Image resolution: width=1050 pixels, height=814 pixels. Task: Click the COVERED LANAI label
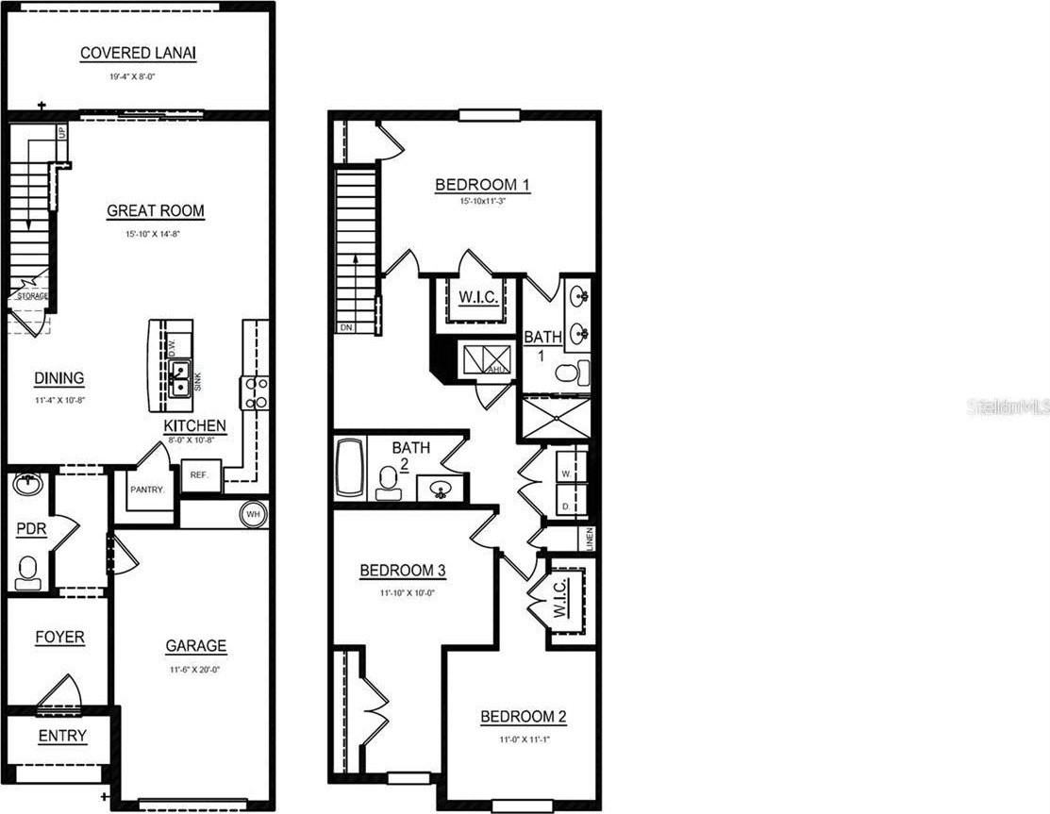[x=138, y=54]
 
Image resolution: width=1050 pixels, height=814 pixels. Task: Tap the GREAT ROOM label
[x=156, y=211]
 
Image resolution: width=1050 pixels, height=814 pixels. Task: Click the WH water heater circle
[x=253, y=514]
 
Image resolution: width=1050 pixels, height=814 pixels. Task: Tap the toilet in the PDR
[x=27, y=571]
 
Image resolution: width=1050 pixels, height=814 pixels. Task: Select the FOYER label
[x=59, y=638]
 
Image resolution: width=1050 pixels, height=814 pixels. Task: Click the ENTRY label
[x=62, y=736]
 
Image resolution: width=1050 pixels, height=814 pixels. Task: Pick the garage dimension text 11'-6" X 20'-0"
[x=196, y=669]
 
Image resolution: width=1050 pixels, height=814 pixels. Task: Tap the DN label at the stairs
[x=346, y=327]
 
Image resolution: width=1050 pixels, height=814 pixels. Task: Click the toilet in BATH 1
[x=569, y=374]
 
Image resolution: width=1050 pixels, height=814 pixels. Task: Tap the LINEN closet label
[x=589, y=539]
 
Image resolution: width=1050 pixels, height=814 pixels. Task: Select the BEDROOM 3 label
[x=402, y=571]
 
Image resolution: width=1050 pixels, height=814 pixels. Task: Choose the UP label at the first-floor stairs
[x=62, y=132]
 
